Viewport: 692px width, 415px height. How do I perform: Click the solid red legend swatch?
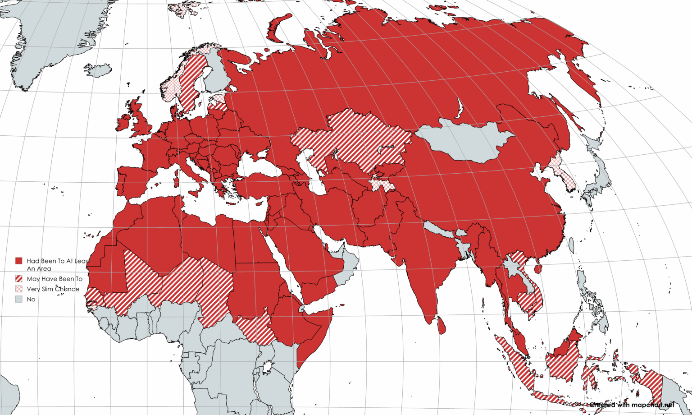coord(19,261)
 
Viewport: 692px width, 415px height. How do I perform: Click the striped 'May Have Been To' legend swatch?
coord(19,279)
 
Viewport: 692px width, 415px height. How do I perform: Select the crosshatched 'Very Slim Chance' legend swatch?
coord(19,289)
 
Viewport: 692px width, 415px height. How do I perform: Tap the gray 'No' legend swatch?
coord(19,299)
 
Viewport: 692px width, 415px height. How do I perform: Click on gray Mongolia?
coord(464,140)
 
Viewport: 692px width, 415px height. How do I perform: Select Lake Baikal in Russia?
coord(460,108)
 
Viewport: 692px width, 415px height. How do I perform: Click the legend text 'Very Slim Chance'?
coord(53,289)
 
